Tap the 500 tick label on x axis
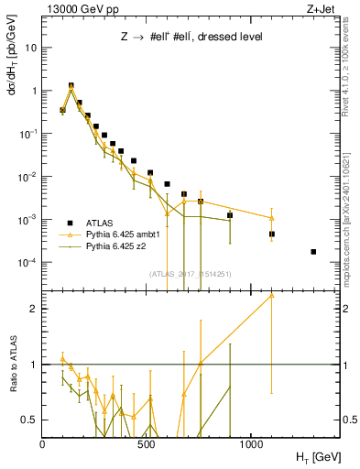point(147,443)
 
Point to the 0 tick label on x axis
point(42,443)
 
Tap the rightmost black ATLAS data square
point(313,252)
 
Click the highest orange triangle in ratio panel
point(271,295)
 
